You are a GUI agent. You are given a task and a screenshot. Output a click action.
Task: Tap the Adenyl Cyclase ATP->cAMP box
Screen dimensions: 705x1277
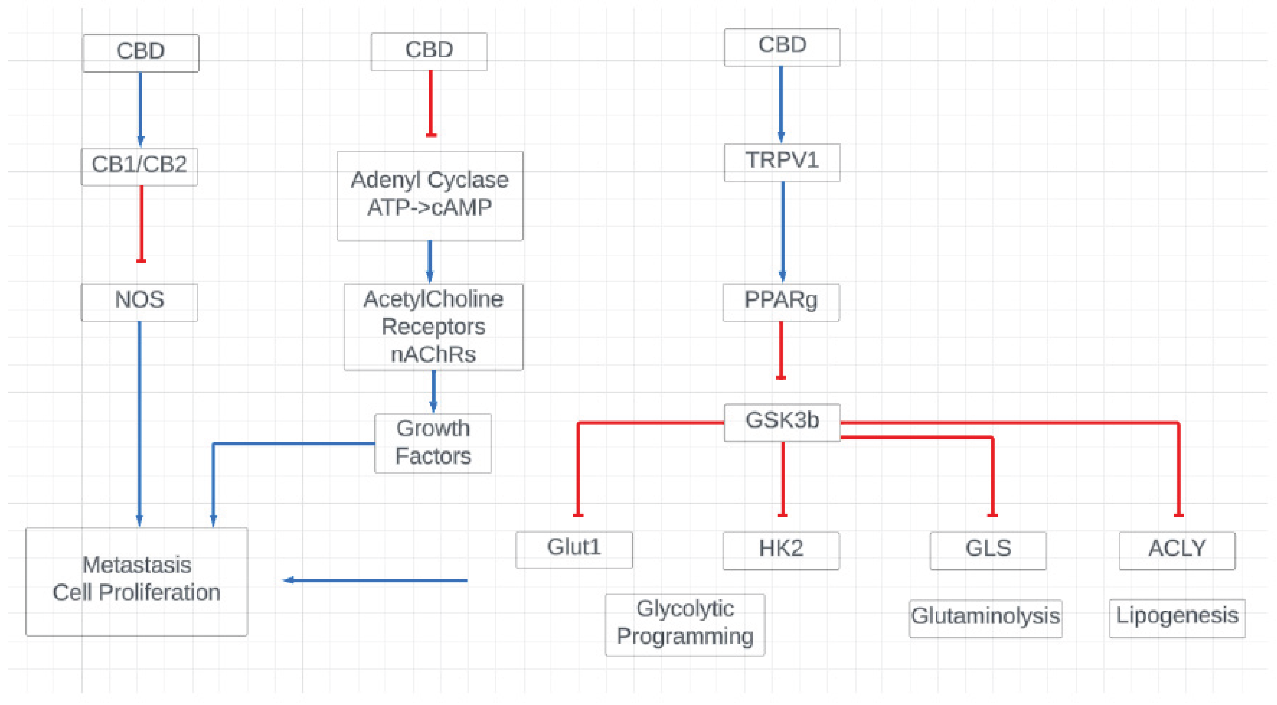pyautogui.click(x=430, y=196)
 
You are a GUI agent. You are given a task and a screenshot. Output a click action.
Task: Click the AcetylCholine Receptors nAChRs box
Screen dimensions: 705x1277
pyautogui.click(x=433, y=327)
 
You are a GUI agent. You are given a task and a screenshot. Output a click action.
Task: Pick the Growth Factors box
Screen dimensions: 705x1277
pyautogui.click(x=433, y=443)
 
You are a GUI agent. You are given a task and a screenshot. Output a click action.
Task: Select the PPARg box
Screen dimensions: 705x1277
pyautogui.click(x=781, y=302)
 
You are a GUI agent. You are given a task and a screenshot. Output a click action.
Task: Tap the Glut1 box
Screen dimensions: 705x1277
pyautogui.click(x=574, y=549)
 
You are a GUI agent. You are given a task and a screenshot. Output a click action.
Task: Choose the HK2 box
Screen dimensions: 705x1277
pyautogui.click(x=781, y=550)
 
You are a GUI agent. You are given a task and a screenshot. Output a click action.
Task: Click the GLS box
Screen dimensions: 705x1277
pyautogui.click(x=988, y=550)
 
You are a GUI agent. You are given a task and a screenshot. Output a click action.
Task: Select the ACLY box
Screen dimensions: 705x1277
pyautogui.click(x=1177, y=550)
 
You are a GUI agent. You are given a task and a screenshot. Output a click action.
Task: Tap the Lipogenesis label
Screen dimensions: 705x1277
pyautogui.click(x=1177, y=617)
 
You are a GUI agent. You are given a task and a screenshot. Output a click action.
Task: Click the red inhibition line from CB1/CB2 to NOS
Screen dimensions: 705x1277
pyautogui.click(x=141, y=223)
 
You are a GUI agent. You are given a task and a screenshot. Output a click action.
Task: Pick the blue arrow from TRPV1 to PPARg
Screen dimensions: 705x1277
pyautogui.click(x=782, y=231)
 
